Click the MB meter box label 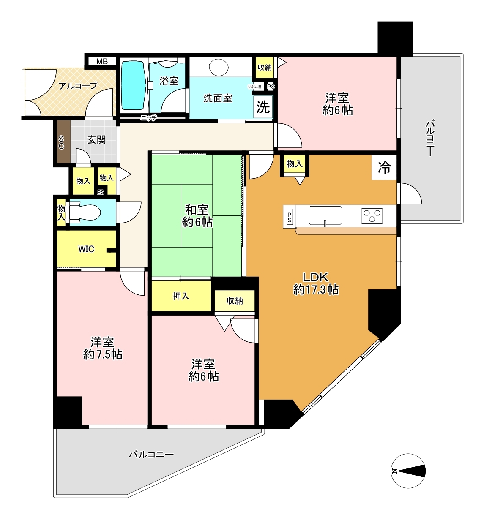(x=102, y=62)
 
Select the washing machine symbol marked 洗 (x=263, y=107)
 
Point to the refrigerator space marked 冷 (x=384, y=167)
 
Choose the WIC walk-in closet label (x=86, y=249)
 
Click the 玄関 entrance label (x=96, y=140)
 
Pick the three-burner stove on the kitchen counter (x=372, y=216)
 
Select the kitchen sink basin (x=325, y=215)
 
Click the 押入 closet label (x=181, y=296)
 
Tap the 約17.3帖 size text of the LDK (x=316, y=290)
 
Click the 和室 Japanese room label (x=197, y=210)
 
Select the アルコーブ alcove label (x=78, y=86)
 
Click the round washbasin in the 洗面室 (x=219, y=67)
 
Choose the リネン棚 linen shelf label (x=254, y=87)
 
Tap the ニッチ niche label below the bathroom (x=148, y=118)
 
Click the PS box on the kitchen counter (x=289, y=217)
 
